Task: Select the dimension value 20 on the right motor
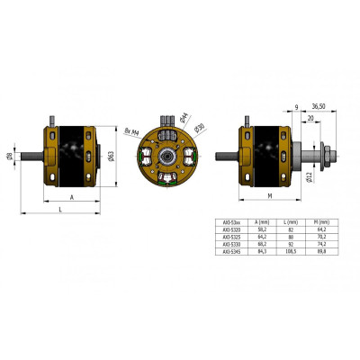coord(310,117)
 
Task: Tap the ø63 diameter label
coord(111,155)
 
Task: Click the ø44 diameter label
coord(184,116)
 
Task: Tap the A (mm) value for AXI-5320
coord(261,229)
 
